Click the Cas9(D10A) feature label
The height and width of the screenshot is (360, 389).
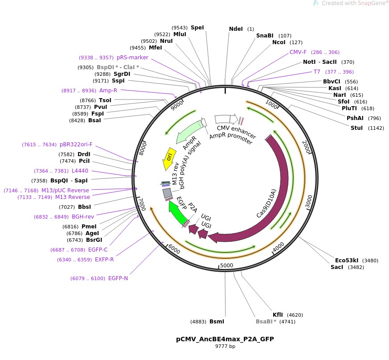coord(266,204)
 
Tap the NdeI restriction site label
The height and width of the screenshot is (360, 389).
coord(236,29)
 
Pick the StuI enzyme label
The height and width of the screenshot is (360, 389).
coord(357,128)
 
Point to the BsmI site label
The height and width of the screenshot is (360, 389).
coord(217,321)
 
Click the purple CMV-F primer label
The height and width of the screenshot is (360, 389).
coord(298,52)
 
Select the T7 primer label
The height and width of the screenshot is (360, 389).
coord(317,72)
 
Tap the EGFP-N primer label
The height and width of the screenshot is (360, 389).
coord(118,278)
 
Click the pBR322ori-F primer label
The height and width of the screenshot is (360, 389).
coord(76,145)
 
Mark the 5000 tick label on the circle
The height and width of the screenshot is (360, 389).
coord(227,266)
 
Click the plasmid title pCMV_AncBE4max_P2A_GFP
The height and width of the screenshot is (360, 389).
coord(225,339)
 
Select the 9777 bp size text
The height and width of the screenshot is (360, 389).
coord(225,347)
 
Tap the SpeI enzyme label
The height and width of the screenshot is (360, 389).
coord(197,27)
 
